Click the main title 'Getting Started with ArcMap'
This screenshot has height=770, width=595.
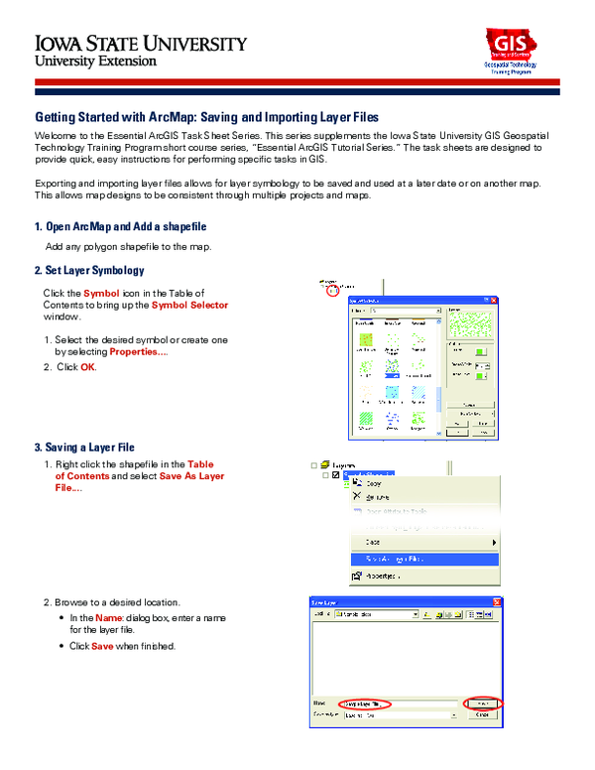(206, 117)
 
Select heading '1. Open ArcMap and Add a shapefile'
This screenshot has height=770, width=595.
(120, 227)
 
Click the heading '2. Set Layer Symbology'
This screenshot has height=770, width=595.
(89, 270)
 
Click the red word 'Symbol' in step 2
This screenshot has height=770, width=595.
(101, 294)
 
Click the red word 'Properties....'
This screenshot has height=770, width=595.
(139, 352)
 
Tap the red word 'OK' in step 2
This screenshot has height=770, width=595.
(88, 367)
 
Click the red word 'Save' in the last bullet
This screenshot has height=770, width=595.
(102, 646)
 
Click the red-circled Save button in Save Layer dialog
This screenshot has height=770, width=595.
(485, 703)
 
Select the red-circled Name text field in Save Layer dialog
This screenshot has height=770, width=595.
(363, 704)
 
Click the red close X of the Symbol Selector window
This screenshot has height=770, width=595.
(490, 297)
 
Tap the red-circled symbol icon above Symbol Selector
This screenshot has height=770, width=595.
(333, 292)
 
